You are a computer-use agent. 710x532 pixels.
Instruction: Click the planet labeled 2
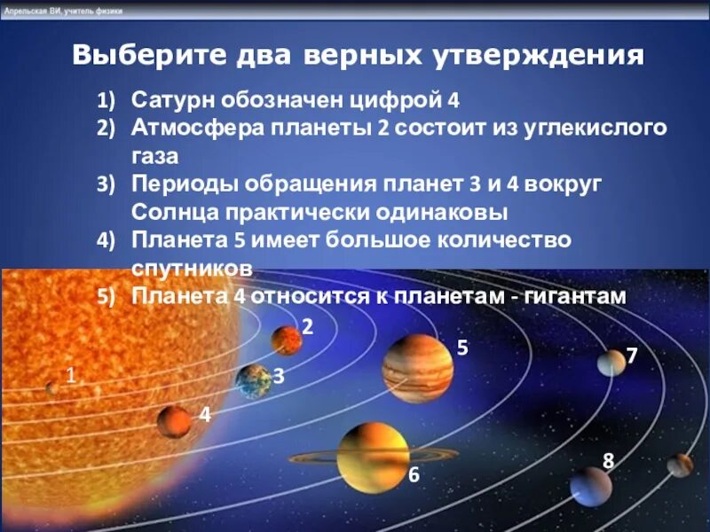click(x=287, y=340)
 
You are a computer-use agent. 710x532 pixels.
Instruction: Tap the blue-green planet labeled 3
click(x=254, y=380)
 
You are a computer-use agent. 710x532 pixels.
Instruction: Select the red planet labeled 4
click(x=175, y=422)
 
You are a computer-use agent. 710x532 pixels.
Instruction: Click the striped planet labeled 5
click(x=418, y=368)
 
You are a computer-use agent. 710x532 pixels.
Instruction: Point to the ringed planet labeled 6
click(x=373, y=457)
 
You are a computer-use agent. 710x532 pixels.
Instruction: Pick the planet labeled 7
click(x=611, y=362)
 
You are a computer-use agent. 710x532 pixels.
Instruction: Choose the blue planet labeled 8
click(x=590, y=486)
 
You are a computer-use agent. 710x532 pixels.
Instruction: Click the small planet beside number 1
click(x=52, y=387)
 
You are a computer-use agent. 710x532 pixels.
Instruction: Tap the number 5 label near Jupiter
click(x=462, y=348)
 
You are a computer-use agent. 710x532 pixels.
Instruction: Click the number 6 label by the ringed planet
click(x=414, y=475)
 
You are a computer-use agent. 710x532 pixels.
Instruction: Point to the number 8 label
click(x=608, y=460)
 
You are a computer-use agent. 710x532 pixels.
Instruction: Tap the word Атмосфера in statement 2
click(x=189, y=127)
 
